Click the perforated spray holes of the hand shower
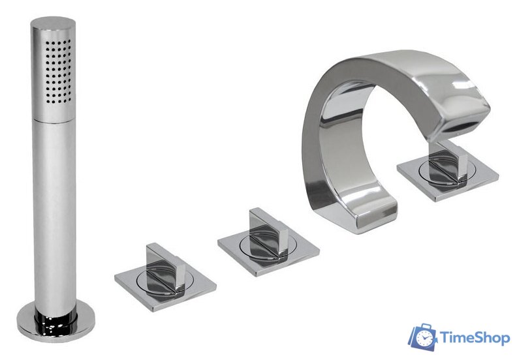tap(58, 71)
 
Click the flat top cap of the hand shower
tap(53, 24)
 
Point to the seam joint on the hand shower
tap(54, 121)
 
